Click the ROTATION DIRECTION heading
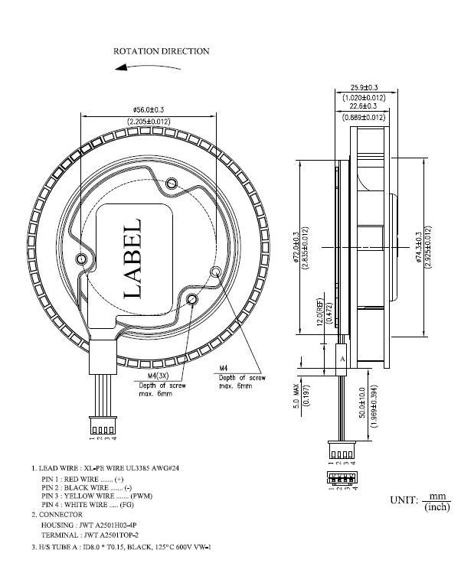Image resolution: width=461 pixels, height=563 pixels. tap(161, 51)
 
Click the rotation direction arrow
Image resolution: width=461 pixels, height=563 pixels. tap(149, 68)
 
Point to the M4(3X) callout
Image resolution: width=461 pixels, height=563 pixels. tap(162, 377)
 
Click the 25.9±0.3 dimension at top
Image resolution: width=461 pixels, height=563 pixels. tap(363, 87)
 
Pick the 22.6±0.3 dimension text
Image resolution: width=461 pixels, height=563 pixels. tap(363, 106)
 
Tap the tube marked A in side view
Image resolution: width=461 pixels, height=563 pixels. tap(342, 358)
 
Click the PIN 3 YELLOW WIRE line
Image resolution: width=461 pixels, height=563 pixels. tap(96, 496)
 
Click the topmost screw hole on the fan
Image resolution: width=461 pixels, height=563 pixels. tap(172, 183)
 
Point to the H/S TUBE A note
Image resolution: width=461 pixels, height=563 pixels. tap(121, 547)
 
